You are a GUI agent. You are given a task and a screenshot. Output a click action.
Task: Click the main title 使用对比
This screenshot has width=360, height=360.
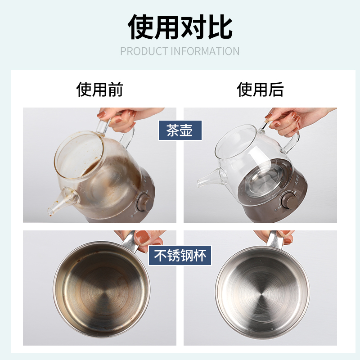180,27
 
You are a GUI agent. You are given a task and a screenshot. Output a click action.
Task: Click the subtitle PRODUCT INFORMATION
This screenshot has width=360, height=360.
180,51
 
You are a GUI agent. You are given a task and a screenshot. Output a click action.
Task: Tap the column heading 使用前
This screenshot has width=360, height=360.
99,90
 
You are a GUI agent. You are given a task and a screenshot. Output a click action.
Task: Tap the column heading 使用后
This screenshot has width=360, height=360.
260,90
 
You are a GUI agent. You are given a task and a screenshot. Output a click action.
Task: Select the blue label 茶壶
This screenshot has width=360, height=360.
180,130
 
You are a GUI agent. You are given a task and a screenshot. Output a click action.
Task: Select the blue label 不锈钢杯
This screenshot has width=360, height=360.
180,255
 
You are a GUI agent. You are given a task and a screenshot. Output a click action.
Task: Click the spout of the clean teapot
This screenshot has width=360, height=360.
205,180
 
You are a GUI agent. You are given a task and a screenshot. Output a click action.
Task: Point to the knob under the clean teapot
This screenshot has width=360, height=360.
289,198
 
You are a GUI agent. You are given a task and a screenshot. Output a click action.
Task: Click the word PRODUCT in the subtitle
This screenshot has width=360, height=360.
143,51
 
